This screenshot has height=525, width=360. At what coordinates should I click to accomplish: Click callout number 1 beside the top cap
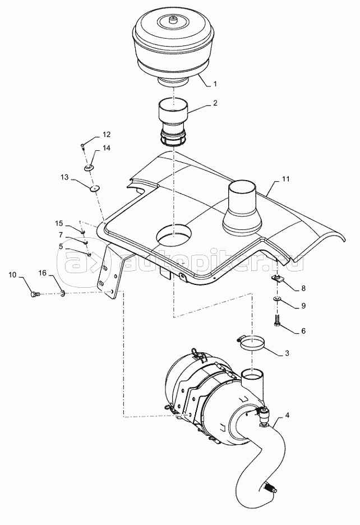(215, 84)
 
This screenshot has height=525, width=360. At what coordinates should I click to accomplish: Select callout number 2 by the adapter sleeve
(215, 103)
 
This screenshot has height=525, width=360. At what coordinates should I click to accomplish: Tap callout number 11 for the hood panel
(285, 179)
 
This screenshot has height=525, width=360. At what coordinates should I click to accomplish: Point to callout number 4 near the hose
(287, 416)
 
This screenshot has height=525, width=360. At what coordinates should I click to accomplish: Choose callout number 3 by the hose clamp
(287, 353)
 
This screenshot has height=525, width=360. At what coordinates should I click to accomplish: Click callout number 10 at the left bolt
(12, 275)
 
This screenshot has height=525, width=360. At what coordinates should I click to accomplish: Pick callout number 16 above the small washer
(42, 273)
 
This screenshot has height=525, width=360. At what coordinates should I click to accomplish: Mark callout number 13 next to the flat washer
(64, 177)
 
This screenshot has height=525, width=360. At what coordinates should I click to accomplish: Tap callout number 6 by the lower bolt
(303, 331)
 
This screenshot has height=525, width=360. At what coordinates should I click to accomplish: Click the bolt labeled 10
(35, 294)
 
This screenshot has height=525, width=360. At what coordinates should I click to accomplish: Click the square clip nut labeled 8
(277, 278)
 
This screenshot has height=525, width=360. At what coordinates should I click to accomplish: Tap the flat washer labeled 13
(95, 188)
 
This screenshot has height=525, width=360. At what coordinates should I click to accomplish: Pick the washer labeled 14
(89, 167)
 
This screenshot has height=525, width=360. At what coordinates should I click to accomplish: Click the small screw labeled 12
(83, 145)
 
